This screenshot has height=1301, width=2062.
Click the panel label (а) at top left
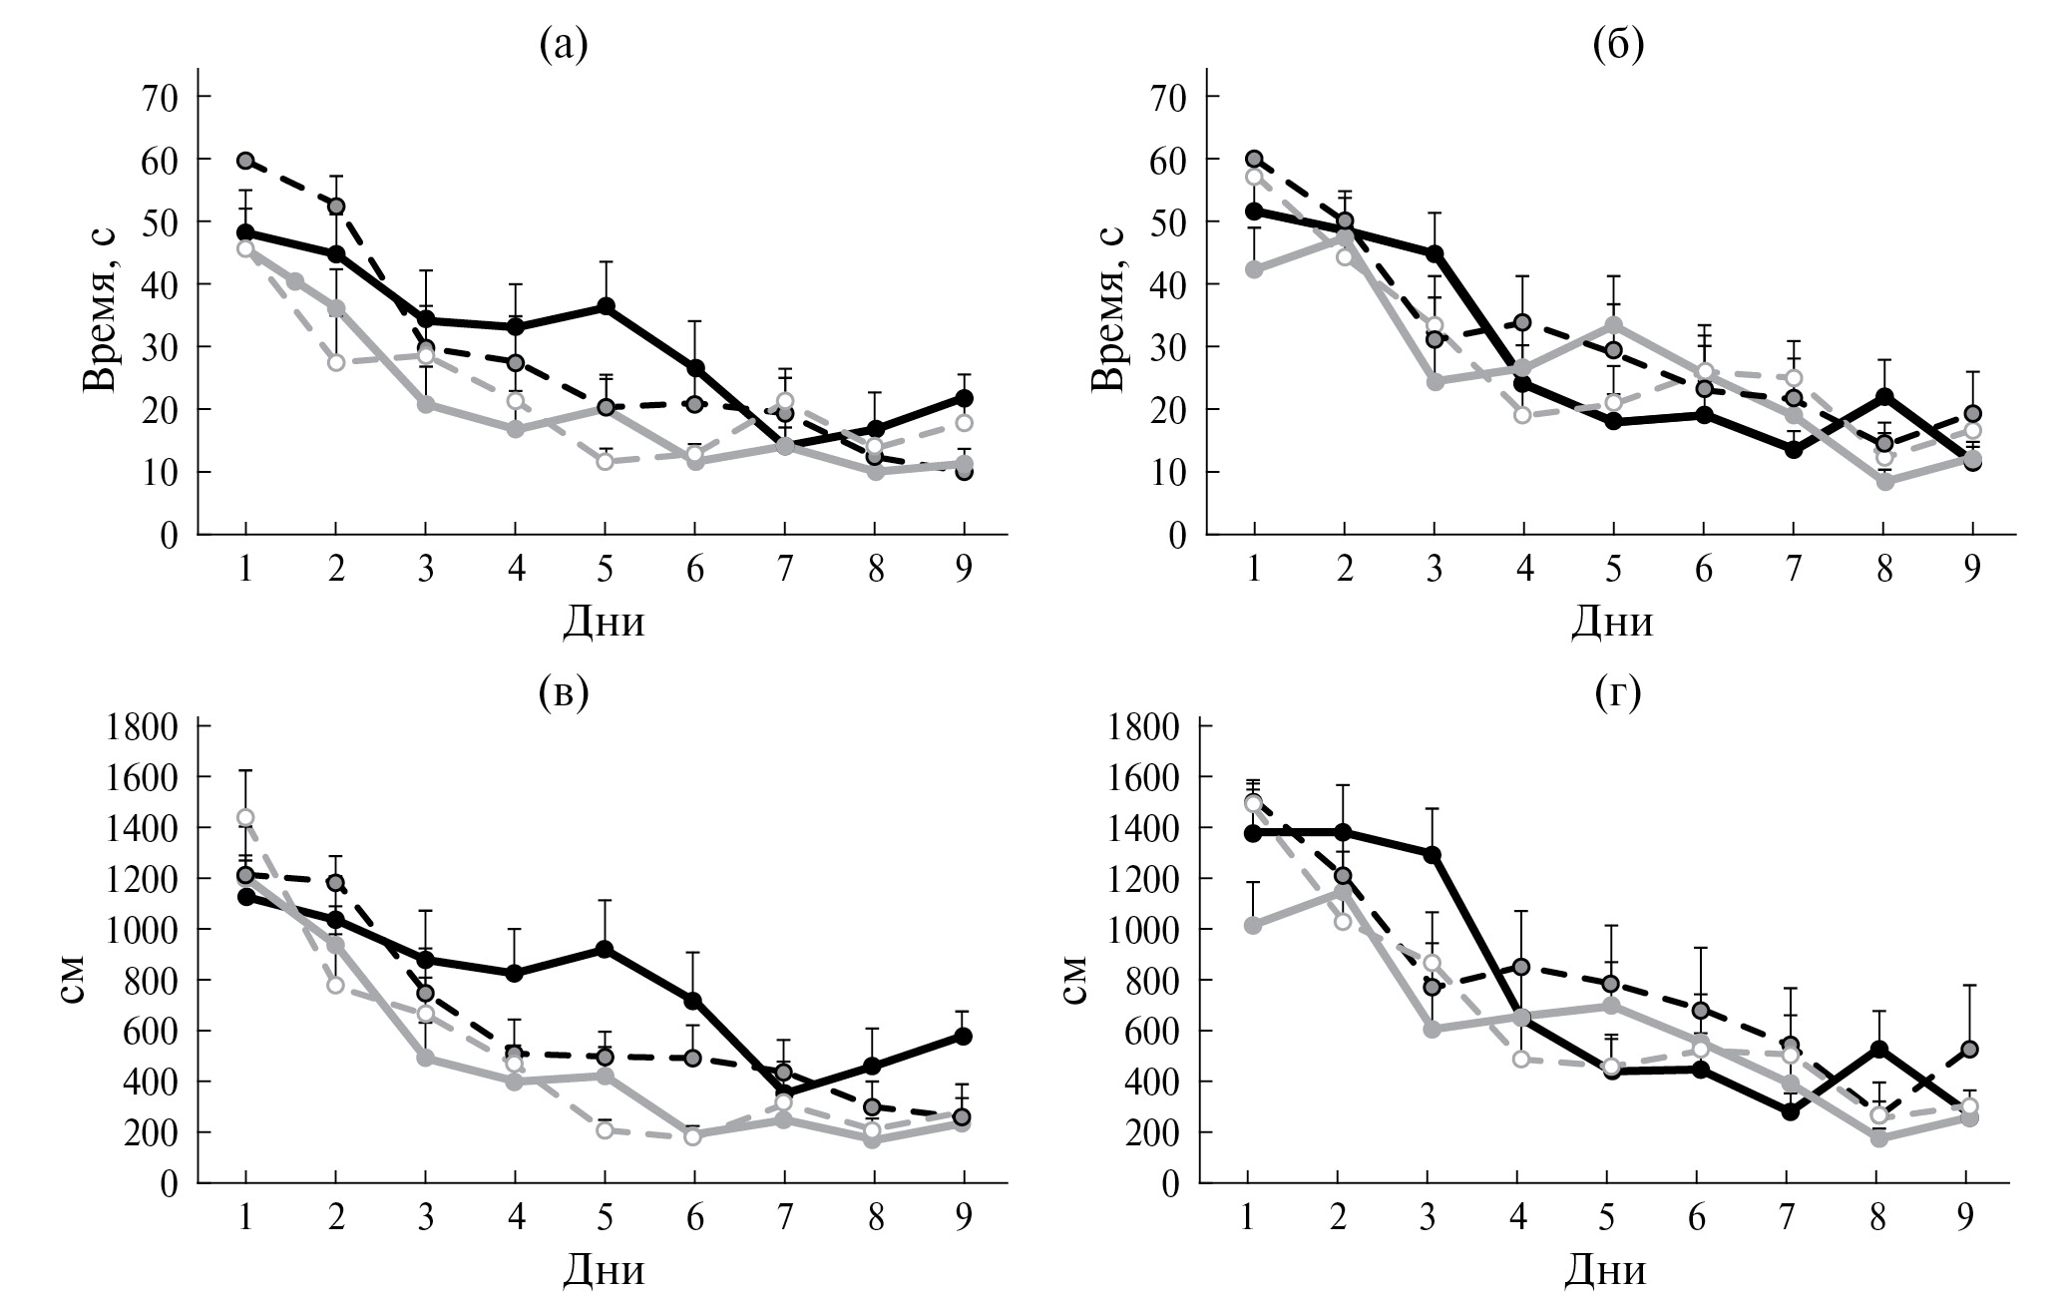point(563,45)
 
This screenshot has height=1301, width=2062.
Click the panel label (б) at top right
point(1618,45)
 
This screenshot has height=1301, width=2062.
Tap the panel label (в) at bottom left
point(563,691)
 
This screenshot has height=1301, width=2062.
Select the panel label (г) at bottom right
point(1618,691)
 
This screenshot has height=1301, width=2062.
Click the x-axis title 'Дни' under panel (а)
point(604,622)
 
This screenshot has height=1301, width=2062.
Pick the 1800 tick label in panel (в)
point(141,726)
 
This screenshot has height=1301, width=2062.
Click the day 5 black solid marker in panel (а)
point(606,306)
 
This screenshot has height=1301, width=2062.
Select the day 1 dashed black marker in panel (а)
point(246,161)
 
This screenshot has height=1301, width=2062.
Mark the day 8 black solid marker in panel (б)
point(1884,397)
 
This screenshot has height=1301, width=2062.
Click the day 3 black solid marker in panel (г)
point(1433,854)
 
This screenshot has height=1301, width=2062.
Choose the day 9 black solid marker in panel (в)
point(965,1036)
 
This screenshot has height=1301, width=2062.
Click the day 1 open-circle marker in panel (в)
point(245,818)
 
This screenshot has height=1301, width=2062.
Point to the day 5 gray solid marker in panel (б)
point(1615,325)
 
